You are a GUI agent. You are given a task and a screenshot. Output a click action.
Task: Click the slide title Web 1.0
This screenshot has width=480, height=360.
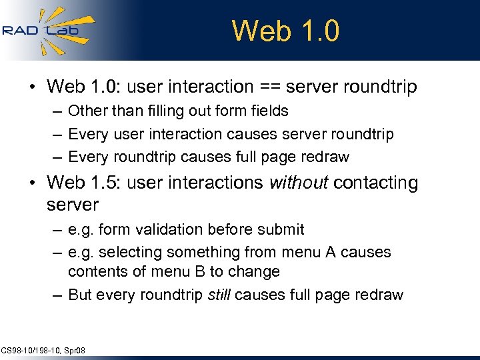coord(285,31)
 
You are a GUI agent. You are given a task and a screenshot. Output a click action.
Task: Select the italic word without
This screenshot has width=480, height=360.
coord(299,183)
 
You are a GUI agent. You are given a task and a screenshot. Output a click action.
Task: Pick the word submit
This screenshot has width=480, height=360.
coord(282,229)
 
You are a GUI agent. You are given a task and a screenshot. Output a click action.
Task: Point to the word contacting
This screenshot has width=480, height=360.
coord(376,183)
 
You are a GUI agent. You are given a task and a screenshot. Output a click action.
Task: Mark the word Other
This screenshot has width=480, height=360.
coord(85,111)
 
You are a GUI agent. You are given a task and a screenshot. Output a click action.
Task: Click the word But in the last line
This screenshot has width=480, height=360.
coord(80,295)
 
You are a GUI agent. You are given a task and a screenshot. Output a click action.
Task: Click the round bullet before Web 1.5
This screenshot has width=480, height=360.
coord(32,183)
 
